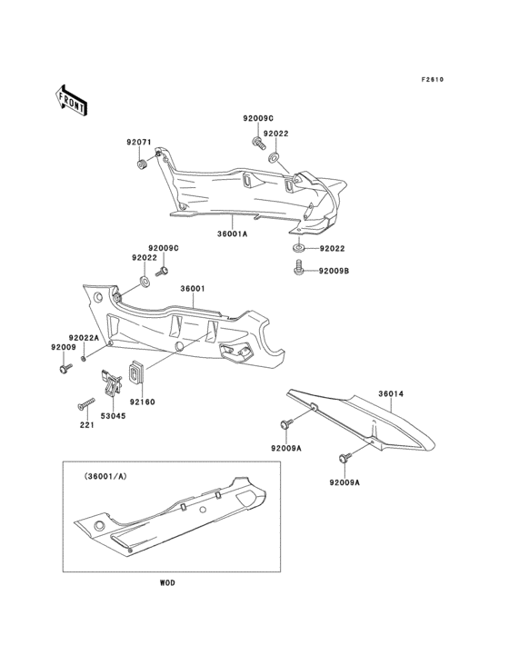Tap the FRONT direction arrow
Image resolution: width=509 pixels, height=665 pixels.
point(73,99)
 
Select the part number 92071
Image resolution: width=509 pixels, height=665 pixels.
point(138,142)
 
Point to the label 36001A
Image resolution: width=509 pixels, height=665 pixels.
point(232,233)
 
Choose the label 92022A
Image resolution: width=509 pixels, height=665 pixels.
point(84,337)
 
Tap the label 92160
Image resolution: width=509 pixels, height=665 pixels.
point(144,401)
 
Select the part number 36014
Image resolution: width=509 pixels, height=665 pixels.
point(391,394)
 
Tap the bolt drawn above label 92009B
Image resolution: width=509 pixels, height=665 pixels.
point(298,269)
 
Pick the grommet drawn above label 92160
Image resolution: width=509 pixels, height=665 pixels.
point(139,372)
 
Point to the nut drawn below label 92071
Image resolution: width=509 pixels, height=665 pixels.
point(143,164)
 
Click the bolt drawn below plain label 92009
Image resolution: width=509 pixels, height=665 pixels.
point(65,368)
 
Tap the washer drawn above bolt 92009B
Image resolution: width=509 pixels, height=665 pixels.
point(297,248)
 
